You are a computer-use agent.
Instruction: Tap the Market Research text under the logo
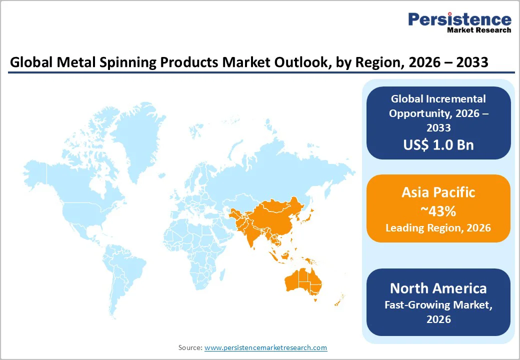[x=478, y=30]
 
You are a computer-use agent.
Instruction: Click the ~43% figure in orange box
[x=438, y=211]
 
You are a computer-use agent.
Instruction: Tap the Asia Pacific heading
[x=438, y=192]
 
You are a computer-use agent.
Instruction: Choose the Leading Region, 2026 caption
[x=438, y=228]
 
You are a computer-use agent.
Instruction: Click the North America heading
[x=438, y=288]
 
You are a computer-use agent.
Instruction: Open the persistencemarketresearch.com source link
[x=265, y=347]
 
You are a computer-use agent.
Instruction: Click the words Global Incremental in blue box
[x=438, y=99]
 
